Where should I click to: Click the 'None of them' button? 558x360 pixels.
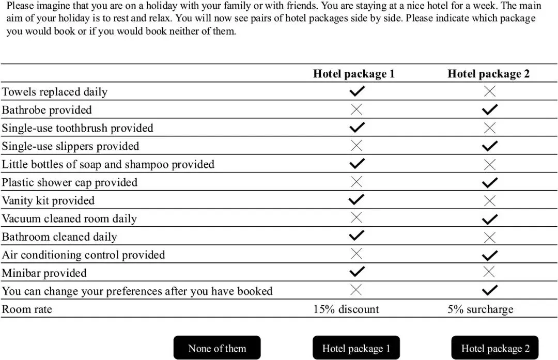217,348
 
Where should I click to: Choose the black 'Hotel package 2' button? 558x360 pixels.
495,348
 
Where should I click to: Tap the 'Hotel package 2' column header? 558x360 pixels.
488,74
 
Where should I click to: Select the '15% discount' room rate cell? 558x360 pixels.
346,309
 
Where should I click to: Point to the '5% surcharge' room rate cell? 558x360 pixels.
480,309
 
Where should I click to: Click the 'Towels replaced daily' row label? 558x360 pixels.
55,92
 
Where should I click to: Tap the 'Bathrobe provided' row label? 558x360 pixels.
47,110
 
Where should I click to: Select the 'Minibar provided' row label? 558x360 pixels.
44,273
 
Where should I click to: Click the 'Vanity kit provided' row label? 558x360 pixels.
48,200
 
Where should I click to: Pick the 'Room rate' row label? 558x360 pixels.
27,309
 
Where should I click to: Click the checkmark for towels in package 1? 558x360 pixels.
357,91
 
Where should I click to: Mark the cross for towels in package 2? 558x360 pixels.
489,91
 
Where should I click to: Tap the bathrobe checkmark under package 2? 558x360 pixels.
489,109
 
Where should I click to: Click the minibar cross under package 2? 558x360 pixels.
489,272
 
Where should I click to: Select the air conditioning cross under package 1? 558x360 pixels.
357,254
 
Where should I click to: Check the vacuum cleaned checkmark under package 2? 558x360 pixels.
489,218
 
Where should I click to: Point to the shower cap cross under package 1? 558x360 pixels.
357,182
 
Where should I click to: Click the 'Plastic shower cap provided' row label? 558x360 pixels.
70,182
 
